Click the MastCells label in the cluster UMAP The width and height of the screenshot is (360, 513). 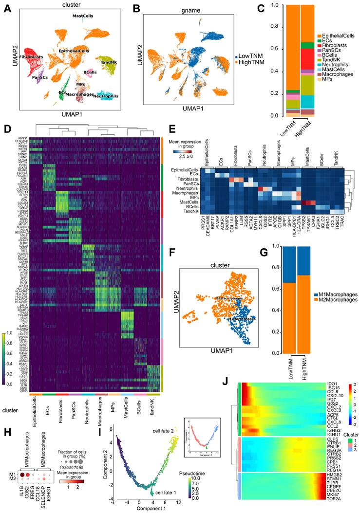click(82, 16)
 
